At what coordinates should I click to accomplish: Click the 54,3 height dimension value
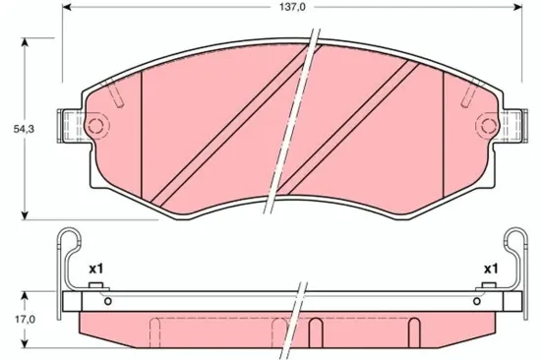click(14, 130)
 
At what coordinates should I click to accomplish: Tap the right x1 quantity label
click(489, 268)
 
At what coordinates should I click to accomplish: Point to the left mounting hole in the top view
click(94, 126)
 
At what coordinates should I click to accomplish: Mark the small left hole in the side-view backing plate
click(108, 301)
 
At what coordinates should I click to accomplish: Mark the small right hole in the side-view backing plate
click(476, 301)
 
